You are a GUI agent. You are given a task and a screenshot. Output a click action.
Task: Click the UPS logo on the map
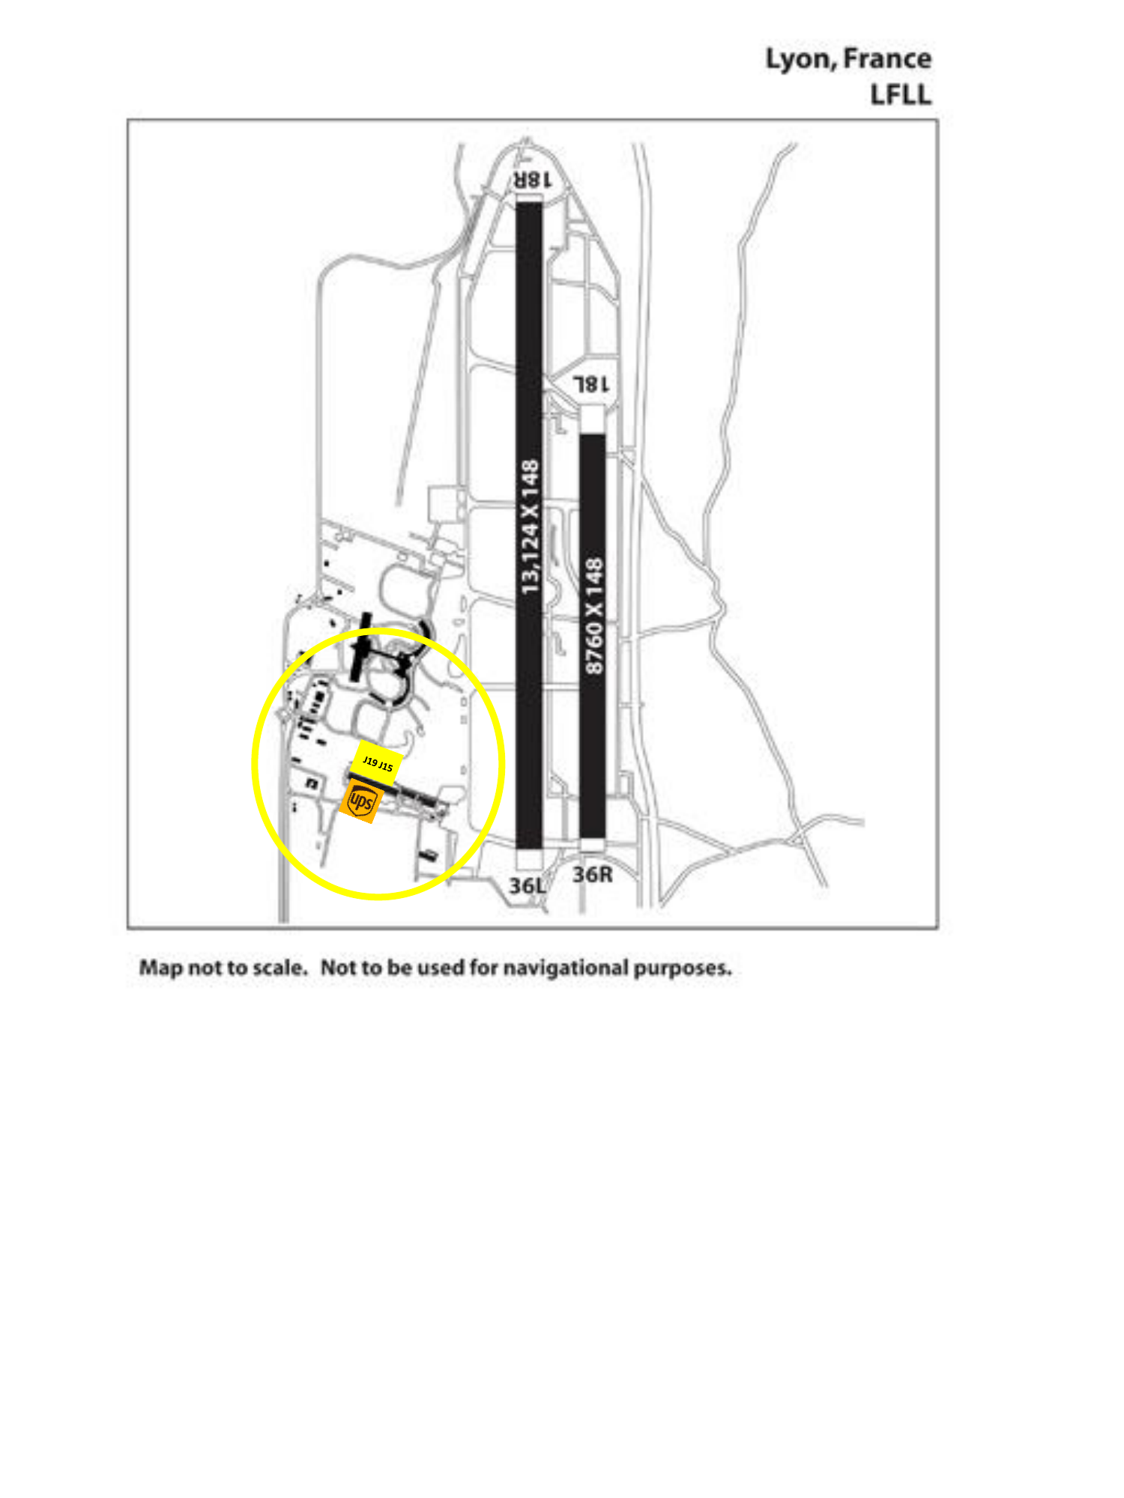(362, 801)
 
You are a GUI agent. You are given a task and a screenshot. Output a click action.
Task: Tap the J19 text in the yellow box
(370, 762)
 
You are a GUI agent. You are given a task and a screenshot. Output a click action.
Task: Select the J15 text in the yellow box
(385, 767)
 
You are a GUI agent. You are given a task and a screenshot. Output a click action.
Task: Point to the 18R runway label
(532, 180)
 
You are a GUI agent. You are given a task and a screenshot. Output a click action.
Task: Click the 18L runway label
(591, 384)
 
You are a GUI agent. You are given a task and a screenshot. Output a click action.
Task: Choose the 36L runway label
(528, 885)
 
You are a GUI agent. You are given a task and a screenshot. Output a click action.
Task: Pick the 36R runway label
(593, 874)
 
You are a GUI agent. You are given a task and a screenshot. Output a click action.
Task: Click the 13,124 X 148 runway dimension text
(530, 527)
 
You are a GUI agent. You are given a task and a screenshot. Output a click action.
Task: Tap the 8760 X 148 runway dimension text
(593, 615)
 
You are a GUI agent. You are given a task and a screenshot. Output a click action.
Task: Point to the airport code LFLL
(901, 95)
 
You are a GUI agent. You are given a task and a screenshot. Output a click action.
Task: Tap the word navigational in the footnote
(566, 968)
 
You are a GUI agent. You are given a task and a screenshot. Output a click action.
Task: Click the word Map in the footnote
(161, 968)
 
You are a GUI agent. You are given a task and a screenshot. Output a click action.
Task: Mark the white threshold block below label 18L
(592, 419)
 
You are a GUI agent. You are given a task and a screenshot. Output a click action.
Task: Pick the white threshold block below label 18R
(529, 198)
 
